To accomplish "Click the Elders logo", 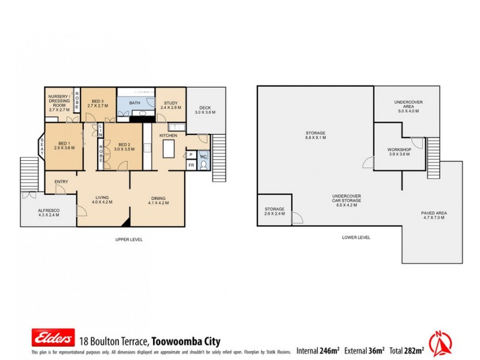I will tap(53, 338).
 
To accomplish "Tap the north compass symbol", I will tap(442, 344).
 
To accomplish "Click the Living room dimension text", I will tap(102, 203).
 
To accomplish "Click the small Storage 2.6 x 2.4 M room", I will tap(274, 211).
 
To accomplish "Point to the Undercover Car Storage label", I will tap(346, 202).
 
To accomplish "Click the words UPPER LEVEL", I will tap(129, 239).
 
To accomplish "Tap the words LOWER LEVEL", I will tap(355, 238).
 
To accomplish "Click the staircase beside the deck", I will tap(218, 157).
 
